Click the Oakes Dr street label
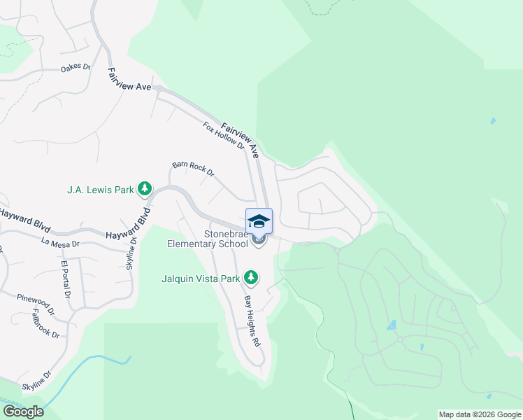tap(76, 68)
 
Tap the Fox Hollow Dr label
tap(224, 136)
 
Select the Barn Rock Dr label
tap(192, 169)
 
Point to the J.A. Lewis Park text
tap(100, 189)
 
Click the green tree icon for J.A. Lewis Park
tap(145, 188)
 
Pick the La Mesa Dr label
tap(60, 244)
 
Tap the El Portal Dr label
tap(65, 279)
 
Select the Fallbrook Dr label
tap(46, 324)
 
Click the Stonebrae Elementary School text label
tap(207, 239)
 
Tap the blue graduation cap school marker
tap(259, 220)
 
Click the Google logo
tap(23, 412)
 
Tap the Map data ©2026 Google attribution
tap(480, 414)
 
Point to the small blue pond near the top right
tap(494, 121)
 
